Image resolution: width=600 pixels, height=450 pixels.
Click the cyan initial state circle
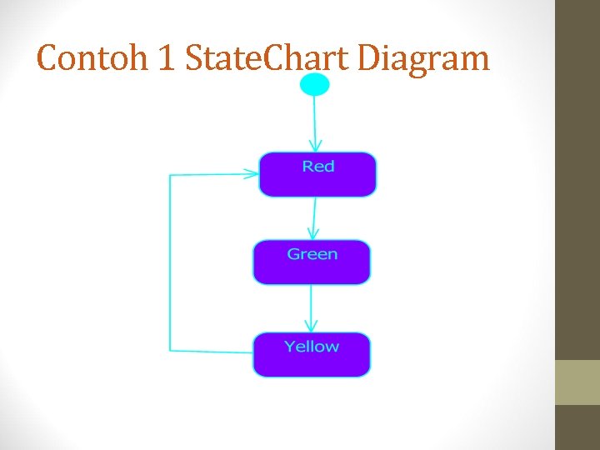pos(314,84)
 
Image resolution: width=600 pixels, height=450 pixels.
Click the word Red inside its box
pos(318,167)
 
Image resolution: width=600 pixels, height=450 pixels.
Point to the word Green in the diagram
pos(312,254)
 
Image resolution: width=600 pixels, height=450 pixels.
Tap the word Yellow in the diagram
pos(312,346)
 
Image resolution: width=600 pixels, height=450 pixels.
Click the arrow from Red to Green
pos(313,217)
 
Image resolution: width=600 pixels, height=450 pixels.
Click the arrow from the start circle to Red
pos(314,121)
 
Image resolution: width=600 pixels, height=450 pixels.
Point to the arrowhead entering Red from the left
pos(251,175)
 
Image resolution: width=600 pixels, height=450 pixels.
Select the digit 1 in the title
pos(164,59)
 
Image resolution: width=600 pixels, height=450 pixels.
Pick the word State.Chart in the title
pos(267,59)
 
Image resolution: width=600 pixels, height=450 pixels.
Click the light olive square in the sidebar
pos(577,382)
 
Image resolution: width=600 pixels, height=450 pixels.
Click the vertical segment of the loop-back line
pos(170,262)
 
